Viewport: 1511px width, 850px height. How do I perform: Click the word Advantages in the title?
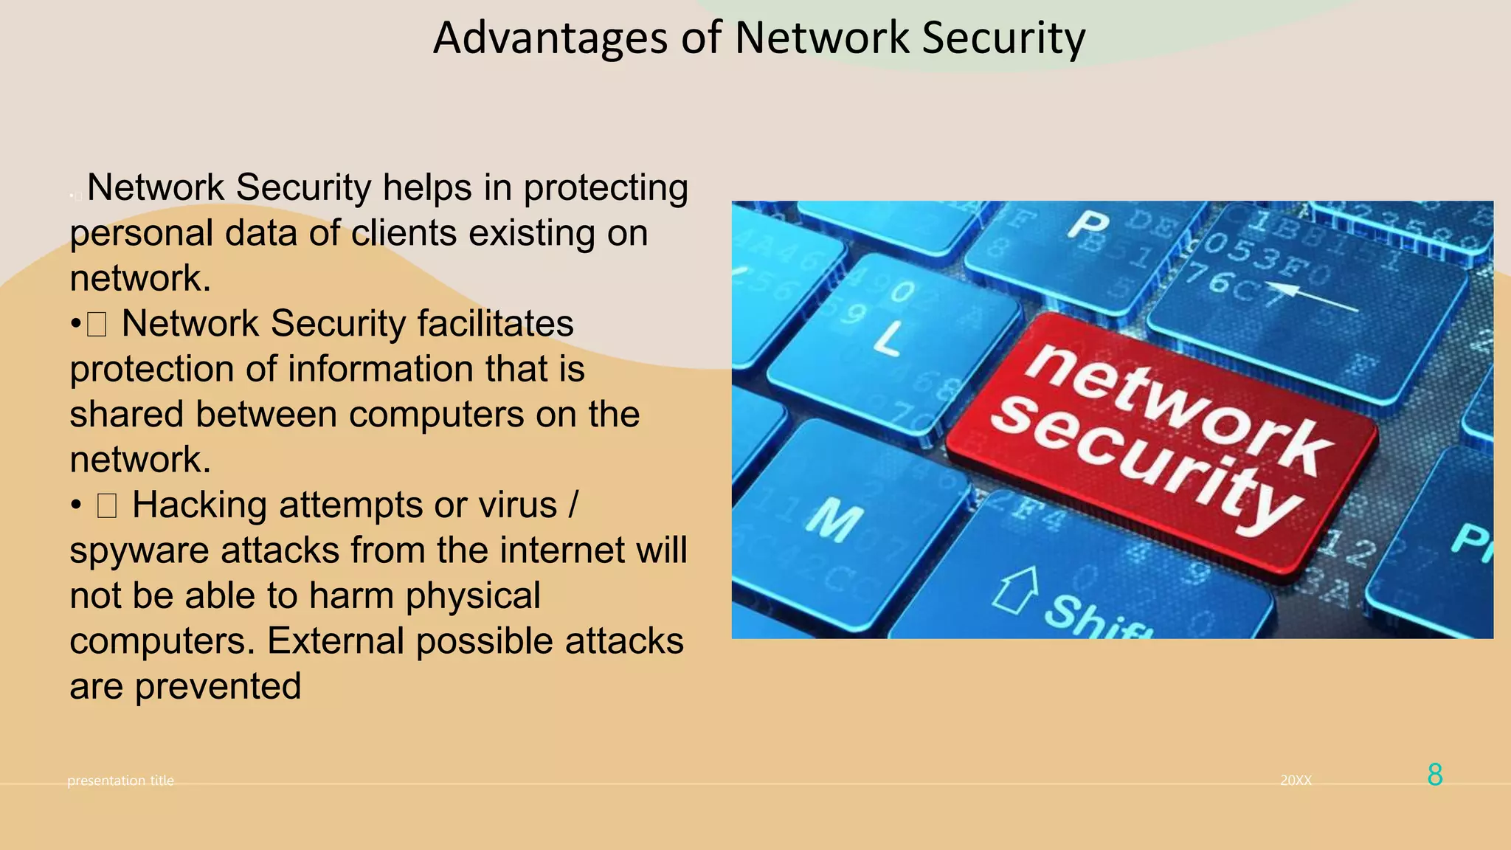tap(550, 38)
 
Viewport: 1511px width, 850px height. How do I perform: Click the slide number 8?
tap(1434, 775)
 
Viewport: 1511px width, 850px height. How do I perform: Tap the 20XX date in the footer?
tap(1296, 781)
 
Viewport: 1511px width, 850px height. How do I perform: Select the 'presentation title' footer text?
tap(120, 781)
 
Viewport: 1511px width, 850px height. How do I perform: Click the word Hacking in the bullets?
tap(199, 505)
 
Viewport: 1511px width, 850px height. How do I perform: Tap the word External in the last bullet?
tap(335, 640)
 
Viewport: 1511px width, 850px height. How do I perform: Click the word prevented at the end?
tap(218, 686)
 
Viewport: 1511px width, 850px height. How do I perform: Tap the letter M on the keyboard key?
tap(834, 519)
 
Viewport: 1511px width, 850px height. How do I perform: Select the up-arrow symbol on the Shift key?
tap(1017, 590)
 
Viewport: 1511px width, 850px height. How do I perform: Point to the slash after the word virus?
tap(573, 505)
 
